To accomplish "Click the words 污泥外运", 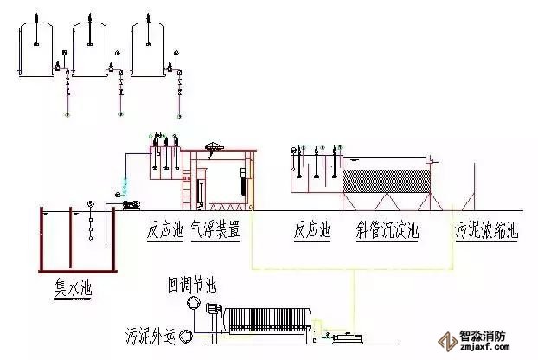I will [148, 334].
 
